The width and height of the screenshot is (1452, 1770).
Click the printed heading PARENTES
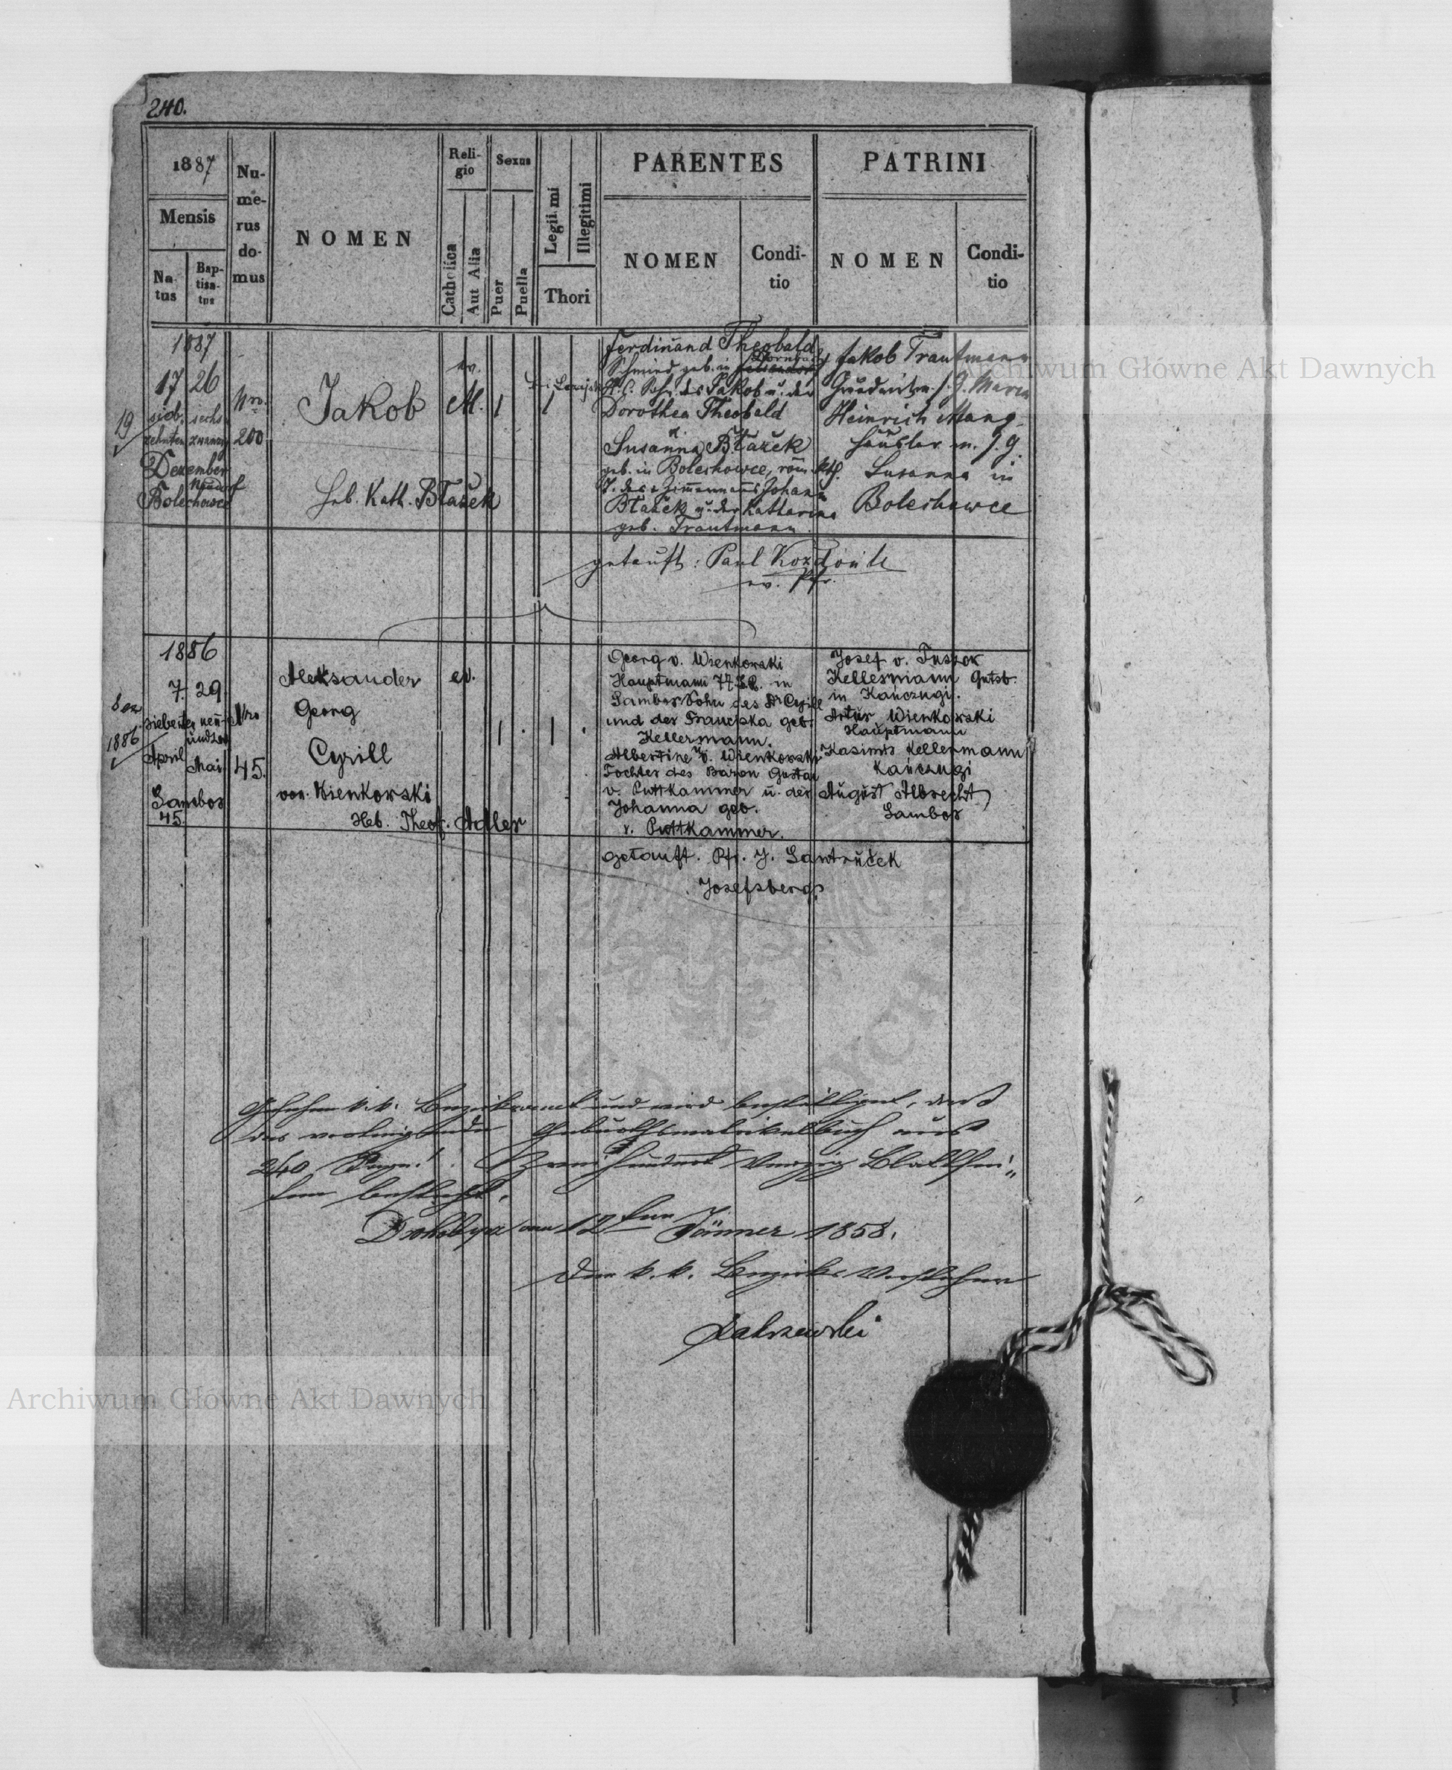click(x=708, y=163)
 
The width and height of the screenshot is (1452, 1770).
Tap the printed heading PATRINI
click(x=923, y=163)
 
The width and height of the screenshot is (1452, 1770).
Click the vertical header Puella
click(x=521, y=293)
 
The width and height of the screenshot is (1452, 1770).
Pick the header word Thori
click(x=568, y=295)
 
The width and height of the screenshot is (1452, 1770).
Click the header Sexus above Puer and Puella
click(x=513, y=160)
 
